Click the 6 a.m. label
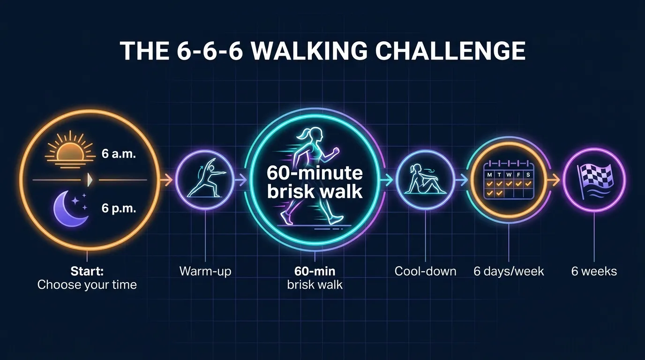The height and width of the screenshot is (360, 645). click(119, 154)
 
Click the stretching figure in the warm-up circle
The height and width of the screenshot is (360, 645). click(205, 180)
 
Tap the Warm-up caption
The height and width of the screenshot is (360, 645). click(205, 271)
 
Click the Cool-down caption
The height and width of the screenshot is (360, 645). click(425, 271)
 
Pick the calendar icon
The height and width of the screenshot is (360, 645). click(509, 181)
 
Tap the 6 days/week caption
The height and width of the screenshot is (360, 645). click(509, 271)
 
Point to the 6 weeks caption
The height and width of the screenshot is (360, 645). click(594, 271)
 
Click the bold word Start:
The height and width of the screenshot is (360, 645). click(87, 271)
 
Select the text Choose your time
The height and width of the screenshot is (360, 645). click(87, 285)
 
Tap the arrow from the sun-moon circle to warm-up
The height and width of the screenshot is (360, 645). click(167, 180)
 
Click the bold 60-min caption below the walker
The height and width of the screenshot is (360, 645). click(315, 271)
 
